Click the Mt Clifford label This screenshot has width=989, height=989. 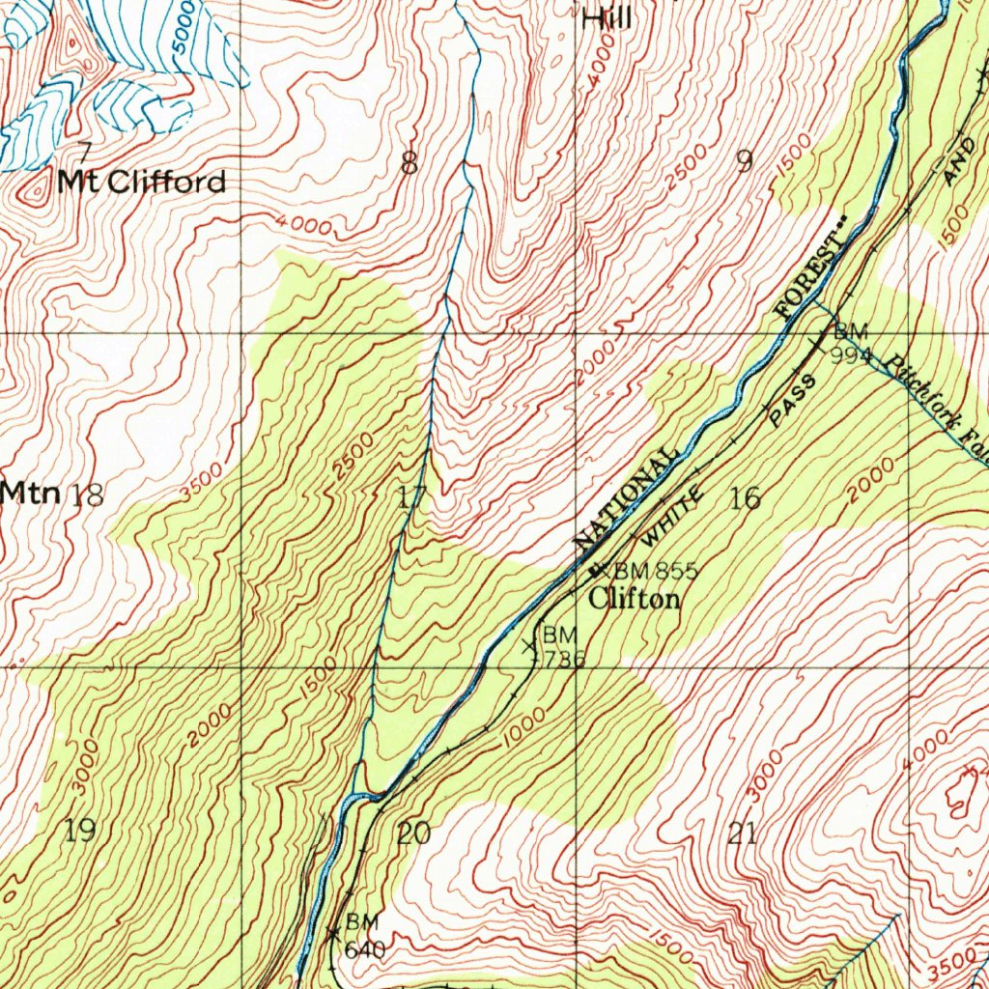click(141, 182)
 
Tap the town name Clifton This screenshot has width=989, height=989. click(635, 599)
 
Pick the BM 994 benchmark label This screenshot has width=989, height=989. click(850, 342)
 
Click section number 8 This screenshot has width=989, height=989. click(410, 164)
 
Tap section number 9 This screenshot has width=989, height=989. click(744, 160)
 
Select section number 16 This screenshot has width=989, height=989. click(746, 498)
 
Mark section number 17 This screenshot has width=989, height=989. click(411, 498)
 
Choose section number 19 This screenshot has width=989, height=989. click(81, 829)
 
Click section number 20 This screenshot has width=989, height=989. click(413, 833)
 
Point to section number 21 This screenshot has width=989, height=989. click(742, 833)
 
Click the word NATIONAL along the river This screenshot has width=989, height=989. click(624, 499)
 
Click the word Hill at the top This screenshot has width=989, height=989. click(607, 16)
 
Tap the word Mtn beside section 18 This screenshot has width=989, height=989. click(31, 493)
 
